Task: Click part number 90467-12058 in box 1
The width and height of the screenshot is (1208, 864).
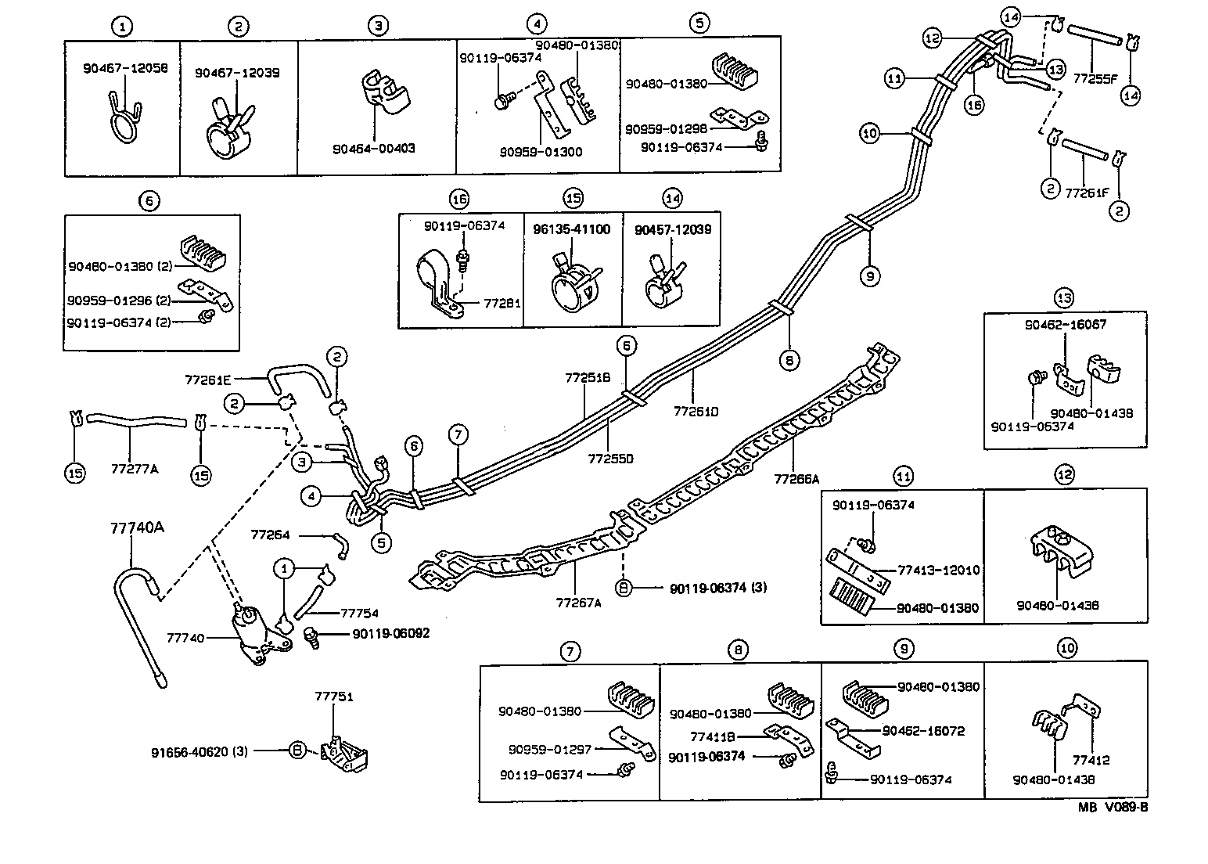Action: tap(125, 68)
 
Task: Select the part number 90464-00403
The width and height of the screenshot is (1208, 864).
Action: tap(372, 148)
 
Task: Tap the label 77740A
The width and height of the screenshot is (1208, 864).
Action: tap(137, 528)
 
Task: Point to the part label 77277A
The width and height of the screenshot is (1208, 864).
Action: tap(135, 469)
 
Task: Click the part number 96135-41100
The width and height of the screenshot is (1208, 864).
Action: tap(572, 230)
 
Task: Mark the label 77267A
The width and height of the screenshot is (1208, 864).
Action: tap(579, 603)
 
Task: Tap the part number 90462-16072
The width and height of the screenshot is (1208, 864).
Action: tap(923, 731)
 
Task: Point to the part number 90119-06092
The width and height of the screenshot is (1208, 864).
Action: tap(390, 633)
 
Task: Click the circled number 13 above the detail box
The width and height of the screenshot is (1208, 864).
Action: tap(1064, 297)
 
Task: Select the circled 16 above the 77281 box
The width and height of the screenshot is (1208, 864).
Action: tap(458, 198)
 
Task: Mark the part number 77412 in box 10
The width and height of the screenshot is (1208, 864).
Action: tap(1091, 759)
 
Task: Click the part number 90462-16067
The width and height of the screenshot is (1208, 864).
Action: tap(1066, 325)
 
